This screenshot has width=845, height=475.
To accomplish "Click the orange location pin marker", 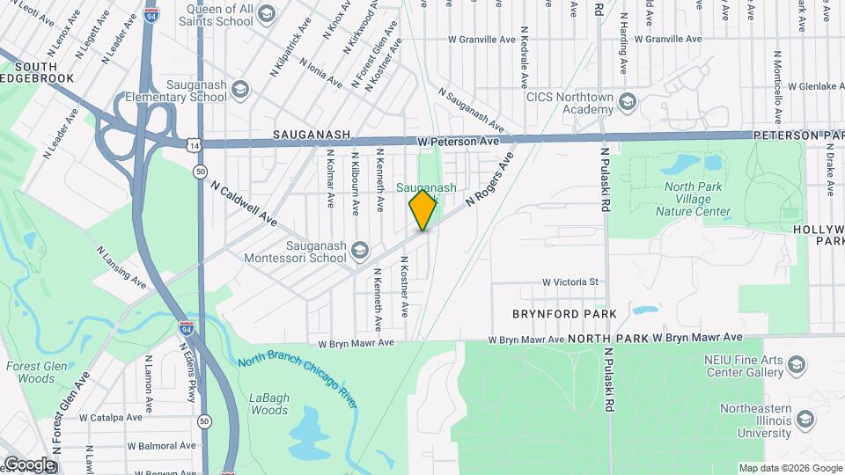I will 423,210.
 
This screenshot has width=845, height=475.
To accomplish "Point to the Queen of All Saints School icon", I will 266,12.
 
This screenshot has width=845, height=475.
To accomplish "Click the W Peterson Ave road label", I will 458,142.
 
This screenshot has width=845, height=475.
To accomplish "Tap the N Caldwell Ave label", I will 244,201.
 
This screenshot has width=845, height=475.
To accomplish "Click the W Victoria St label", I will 569,282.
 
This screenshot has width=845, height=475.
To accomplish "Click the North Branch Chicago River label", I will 298,379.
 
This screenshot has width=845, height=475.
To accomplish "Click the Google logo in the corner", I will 29,464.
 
